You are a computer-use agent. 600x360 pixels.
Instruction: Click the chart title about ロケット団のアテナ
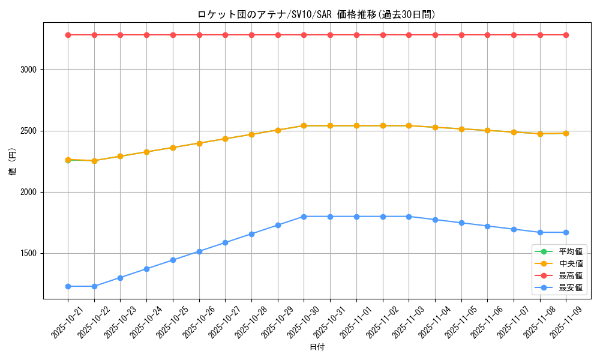[316, 14]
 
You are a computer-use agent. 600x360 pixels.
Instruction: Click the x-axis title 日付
[316, 347]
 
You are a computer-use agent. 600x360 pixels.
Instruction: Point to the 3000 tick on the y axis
[28, 70]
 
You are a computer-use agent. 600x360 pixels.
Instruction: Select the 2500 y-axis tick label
[28, 131]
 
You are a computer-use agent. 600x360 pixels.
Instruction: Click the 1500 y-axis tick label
[28, 253]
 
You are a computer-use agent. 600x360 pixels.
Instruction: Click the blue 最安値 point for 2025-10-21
[68, 286]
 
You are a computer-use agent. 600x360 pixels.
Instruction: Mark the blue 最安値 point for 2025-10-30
[304, 217]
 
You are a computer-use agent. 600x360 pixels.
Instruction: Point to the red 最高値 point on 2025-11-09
[566, 35]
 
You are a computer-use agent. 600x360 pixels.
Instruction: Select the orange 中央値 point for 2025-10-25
[173, 148]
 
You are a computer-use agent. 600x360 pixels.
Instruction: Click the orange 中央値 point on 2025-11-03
[409, 125]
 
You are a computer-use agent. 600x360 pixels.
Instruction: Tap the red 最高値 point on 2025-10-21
[68, 35]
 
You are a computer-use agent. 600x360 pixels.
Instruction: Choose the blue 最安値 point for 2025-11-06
[487, 226]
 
